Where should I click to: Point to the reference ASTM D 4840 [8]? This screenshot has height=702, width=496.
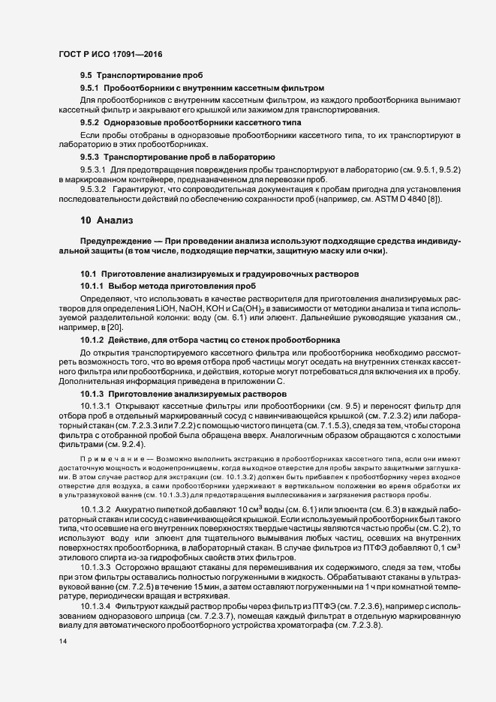click(x=401, y=199)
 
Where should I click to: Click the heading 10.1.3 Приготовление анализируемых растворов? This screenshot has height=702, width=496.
click(x=183, y=393)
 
